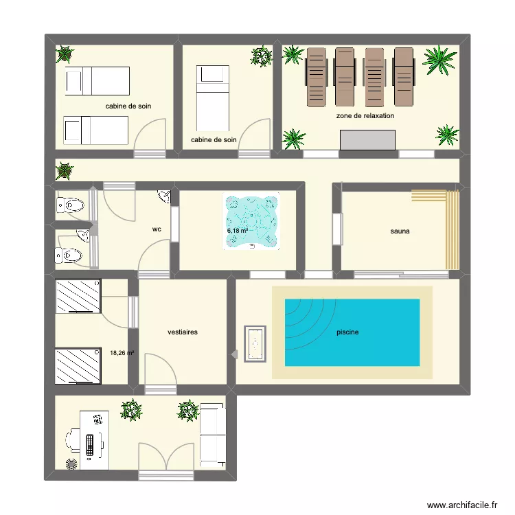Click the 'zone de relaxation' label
pyautogui.click(x=365, y=116)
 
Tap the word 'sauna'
pyautogui.click(x=400, y=231)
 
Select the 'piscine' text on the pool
pyautogui.click(x=347, y=332)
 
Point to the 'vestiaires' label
pyautogui.click(x=183, y=332)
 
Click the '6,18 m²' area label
pyautogui.click(x=238, y=231)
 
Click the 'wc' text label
pyautogui.click(x=157, y=230)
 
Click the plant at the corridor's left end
pyautogui.click(x=65, y=170)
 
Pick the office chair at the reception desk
pyautogui.click(x=72, y=437)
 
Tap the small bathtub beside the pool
pyautogui.click(x=255, y=344)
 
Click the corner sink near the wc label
pyautogui.click(x=164, y=197)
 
